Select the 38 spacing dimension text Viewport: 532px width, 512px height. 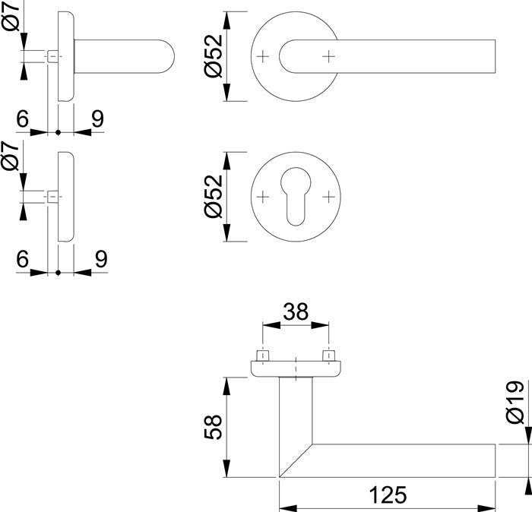pyautogui.click(x=295, y=311)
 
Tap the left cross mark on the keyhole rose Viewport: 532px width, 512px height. pyautogui.click(x=262, y=196)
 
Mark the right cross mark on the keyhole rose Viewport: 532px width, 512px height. pyautogui.click(x=328, y=196)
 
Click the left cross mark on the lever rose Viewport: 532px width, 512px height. pyautogui.click(x=262, y=56)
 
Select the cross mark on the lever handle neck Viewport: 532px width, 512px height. pyautogui.click(x=328, y=56)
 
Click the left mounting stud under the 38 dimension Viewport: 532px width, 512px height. pyautogui.click(x=262, y=355)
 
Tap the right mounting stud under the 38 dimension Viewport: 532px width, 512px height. pyautogui.click(x=328, y=355)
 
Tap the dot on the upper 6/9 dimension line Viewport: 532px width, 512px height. pyautogui.click(x=59, y=132)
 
